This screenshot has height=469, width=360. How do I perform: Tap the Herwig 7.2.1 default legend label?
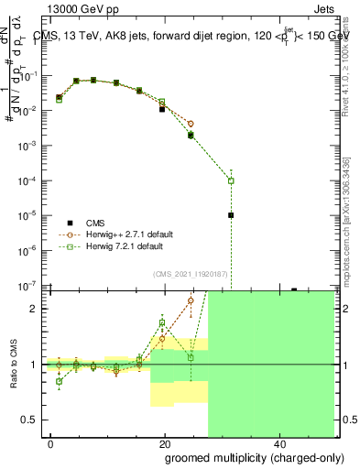128,246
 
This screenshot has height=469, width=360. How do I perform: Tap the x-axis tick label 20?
164,443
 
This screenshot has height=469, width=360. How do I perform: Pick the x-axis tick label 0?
50,443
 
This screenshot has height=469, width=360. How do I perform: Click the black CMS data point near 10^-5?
231,215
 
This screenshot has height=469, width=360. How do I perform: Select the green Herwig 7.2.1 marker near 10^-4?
231,180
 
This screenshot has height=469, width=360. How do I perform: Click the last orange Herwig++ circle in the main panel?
191,124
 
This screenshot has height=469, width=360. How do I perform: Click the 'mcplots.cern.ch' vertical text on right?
347,229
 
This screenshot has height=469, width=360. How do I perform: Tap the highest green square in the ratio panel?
162,322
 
